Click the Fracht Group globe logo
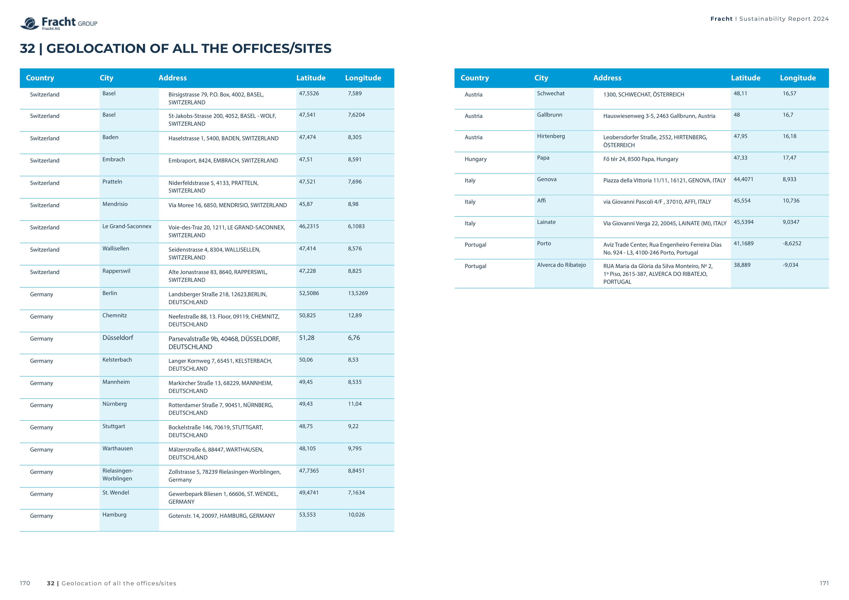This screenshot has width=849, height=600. point(30,23)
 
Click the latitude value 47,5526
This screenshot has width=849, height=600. point(309,94)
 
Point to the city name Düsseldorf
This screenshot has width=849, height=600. point(118,338)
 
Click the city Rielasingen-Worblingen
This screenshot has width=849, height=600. point(118,474)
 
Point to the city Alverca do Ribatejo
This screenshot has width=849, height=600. point(561,265)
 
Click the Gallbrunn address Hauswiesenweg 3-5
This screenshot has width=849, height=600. point(659,116)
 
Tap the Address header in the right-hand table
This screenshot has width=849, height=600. point(607,78)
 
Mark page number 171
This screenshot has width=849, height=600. point(824,583)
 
